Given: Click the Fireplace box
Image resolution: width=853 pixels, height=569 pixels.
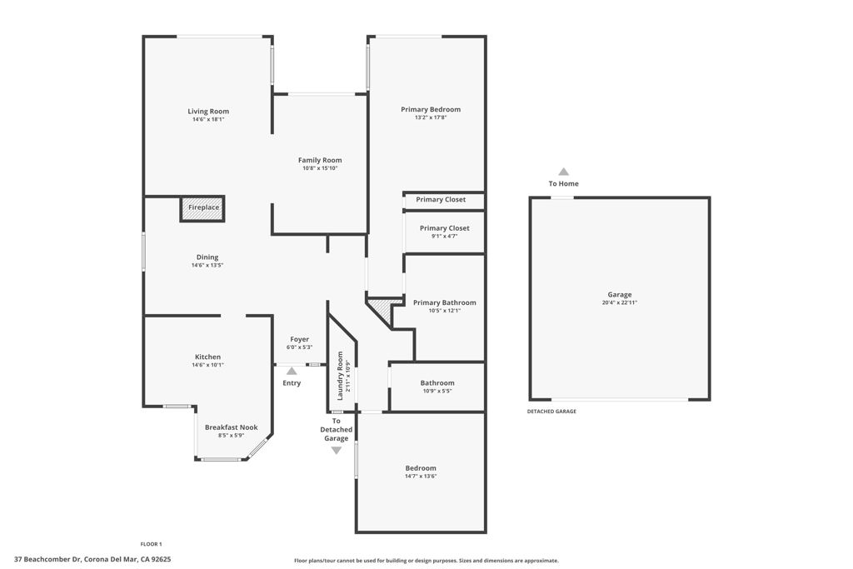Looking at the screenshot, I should tap(203, 208).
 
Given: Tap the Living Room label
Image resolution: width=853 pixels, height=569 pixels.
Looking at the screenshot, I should tap(208, 112).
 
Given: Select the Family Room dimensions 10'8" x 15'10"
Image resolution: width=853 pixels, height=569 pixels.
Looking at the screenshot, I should tap(320, 168).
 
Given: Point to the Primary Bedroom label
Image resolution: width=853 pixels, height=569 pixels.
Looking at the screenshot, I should tap(431, 110).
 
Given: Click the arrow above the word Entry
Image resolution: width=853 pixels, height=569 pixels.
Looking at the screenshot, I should tap(292, 372).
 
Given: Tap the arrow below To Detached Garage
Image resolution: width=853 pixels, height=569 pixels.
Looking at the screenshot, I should tap(337, 451).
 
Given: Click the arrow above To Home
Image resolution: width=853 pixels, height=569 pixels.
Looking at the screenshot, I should tap(563, 172).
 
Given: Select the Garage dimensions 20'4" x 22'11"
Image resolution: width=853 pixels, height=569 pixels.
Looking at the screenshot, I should tap(619, 302).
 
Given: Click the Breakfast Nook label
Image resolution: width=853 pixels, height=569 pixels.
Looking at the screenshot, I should tap(232, 427).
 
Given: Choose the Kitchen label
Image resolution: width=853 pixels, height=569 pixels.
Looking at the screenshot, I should tap(208, 357).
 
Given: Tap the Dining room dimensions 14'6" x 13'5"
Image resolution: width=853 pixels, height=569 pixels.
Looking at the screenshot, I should tap(207, 266).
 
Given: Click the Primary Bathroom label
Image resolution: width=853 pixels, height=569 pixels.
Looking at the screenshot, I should tap(445, 302).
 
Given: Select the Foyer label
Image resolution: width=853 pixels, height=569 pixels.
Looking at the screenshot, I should tap(300, 339).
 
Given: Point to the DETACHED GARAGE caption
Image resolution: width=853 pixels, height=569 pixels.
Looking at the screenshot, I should tap(551, 412).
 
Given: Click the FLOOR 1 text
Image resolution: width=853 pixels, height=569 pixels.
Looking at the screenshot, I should tap(151, 544).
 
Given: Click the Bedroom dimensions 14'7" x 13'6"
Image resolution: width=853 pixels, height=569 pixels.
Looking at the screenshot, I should tap(421, 477).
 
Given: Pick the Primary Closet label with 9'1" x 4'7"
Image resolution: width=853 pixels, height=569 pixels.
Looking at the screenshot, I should tap(445, 228).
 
